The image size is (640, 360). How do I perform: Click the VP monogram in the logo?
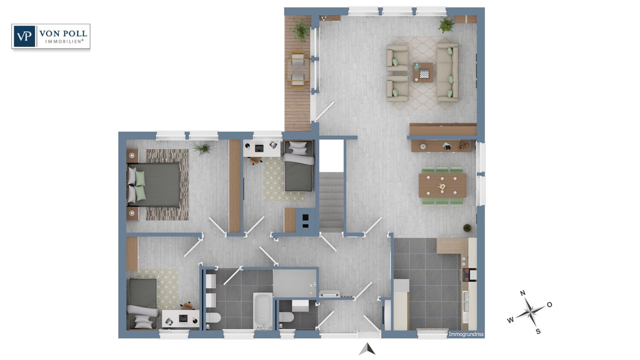[x=24, y=36]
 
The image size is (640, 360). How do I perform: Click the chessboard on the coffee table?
[x=424, y=73]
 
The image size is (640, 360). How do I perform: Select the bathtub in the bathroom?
[x=262, y=310]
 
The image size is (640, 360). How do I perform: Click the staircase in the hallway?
[x=332, y=200]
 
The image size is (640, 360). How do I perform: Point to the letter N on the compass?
[x=523, y=293]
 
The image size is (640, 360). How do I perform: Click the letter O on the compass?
[x=550, y=305]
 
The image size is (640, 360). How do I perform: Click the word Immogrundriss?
[x=466, y=334]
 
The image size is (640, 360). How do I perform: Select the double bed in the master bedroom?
[x=154, y=185]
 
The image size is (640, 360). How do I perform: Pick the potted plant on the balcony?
[x=301, y=31]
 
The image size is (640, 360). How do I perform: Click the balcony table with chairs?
[x=298, y=70]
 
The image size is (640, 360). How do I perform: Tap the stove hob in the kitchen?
[x=469, y=274]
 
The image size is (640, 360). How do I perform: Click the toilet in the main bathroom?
[x=213, y=318]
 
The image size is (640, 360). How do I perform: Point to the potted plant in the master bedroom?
[x=202, y=148]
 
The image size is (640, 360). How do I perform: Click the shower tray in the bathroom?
[x=295, y=282]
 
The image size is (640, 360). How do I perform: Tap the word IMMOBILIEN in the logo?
[x=64, y=41]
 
